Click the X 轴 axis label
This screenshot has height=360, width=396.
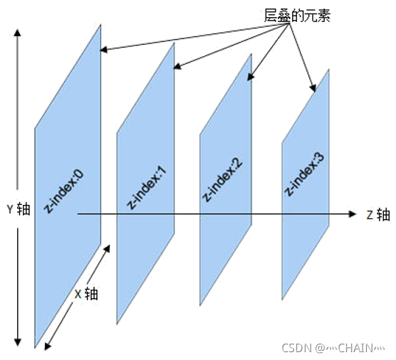pos(86,293)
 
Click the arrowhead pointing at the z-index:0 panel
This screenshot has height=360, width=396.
pos(104,50)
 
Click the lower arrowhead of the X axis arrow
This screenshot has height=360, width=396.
pos(48,346)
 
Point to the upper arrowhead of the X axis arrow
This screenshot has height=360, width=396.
pos(108,247)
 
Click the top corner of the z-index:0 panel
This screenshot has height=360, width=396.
pos(99,24)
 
